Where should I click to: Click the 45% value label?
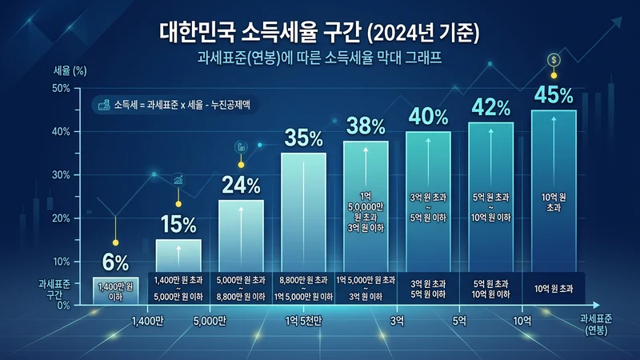pos(554,95)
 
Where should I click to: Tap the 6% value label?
pos(115,261)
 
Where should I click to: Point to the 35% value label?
pos(303,138)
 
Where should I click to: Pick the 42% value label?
pos(490,106)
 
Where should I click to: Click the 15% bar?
pos(178,256)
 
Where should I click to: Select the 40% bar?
pos(428,200)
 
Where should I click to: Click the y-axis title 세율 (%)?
pos(69,70)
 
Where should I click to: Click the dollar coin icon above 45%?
pos(554,60)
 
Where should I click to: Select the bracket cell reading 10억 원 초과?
pos(553,288)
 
